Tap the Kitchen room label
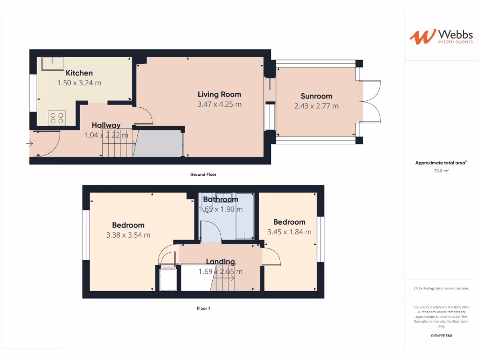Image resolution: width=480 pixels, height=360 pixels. pyautogui.click(x=79, y=73)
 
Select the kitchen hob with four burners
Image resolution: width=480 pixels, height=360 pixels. pyautogui.click(x=57, y=118)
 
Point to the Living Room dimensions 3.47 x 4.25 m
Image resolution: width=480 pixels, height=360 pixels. pyautogui.click(x=219, y=105)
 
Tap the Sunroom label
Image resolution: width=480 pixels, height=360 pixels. pyautogui.click(x=316, y=97)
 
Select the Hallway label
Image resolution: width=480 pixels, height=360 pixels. pyautogui.click(x=106, y=125)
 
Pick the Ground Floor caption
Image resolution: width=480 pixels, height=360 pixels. pyautogui.click(x=203, y=174)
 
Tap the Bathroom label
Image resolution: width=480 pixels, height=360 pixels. pyautogui.click(x=220, y=199)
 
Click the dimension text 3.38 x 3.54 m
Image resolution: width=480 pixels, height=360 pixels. pyautogui.click(x=128, y=235)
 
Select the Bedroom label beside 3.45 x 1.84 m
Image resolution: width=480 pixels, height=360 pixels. pyautogui.click(x=289, y=222)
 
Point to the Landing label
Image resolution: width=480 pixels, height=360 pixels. pyautogui.click(x=220, y=262)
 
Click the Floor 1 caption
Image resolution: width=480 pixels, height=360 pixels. pyautogui.click(x=203, y=308)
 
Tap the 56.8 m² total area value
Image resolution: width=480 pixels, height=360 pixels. pyautogui.click(x=442, y=171)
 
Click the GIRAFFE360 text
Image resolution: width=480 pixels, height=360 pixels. pyautogui.click(x=441, y=336)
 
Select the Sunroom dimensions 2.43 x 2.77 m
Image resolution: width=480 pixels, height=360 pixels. pyautogui.click(x=316, y=106)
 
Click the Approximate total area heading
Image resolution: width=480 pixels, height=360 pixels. pyautogui.click(x=441, y=163)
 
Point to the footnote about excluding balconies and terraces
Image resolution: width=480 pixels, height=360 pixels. pyautogui.click(x=441, y=288)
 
